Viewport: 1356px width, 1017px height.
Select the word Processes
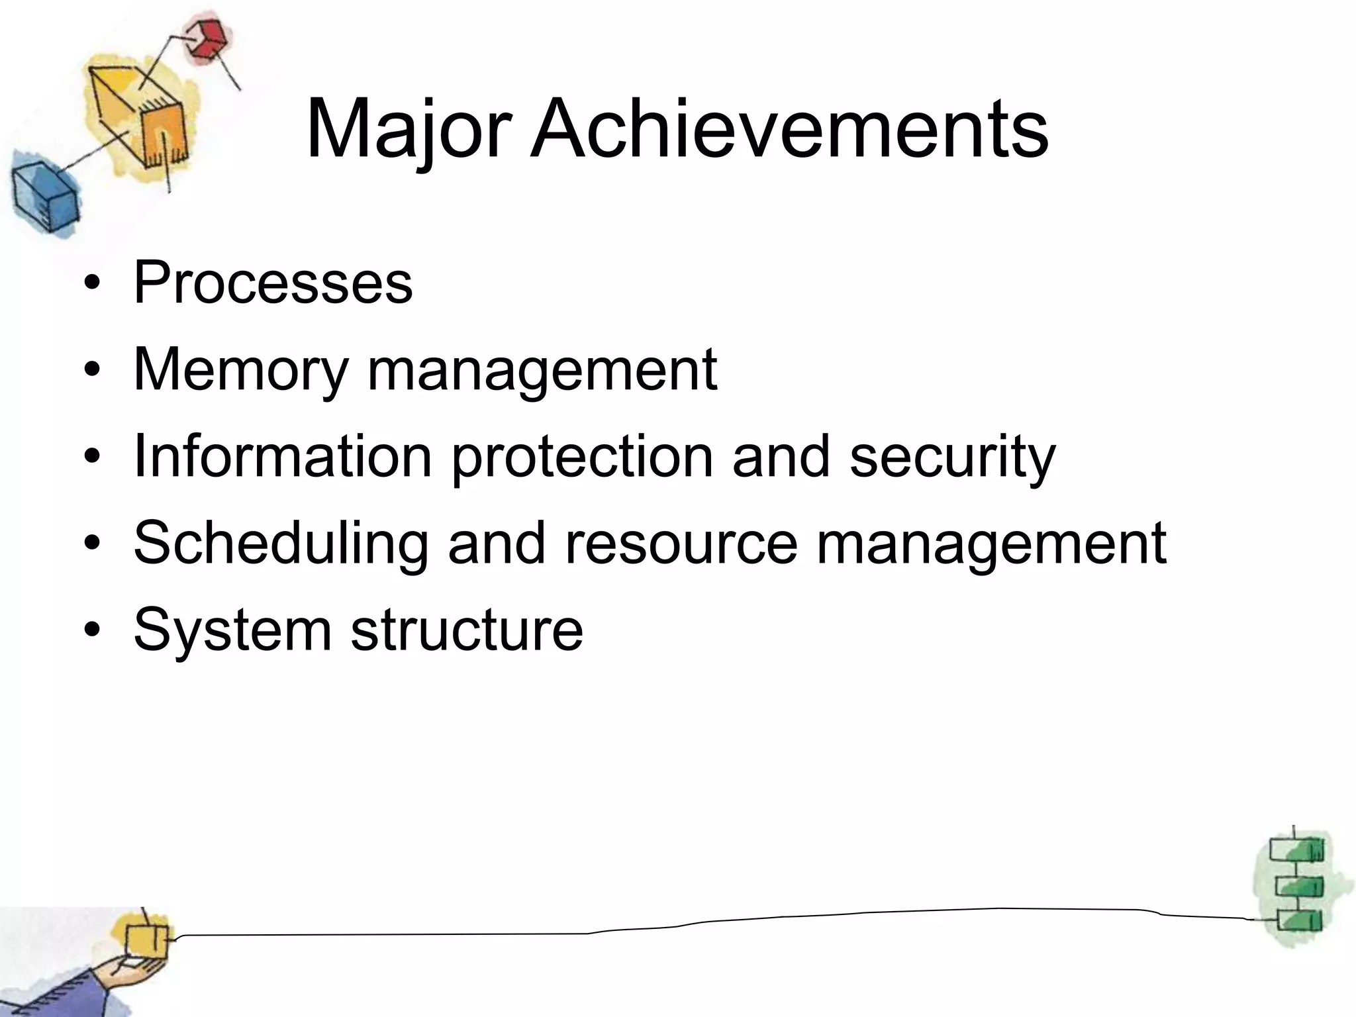[x=273, y=283]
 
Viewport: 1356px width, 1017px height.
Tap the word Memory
[x=240, y=371]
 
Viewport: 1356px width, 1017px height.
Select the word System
[x=232, y=630]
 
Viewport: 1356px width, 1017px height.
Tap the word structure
[x=467, y=630]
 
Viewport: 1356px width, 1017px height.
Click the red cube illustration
[x=207, y=40]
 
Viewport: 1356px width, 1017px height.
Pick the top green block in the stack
[x=1296, y=850]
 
